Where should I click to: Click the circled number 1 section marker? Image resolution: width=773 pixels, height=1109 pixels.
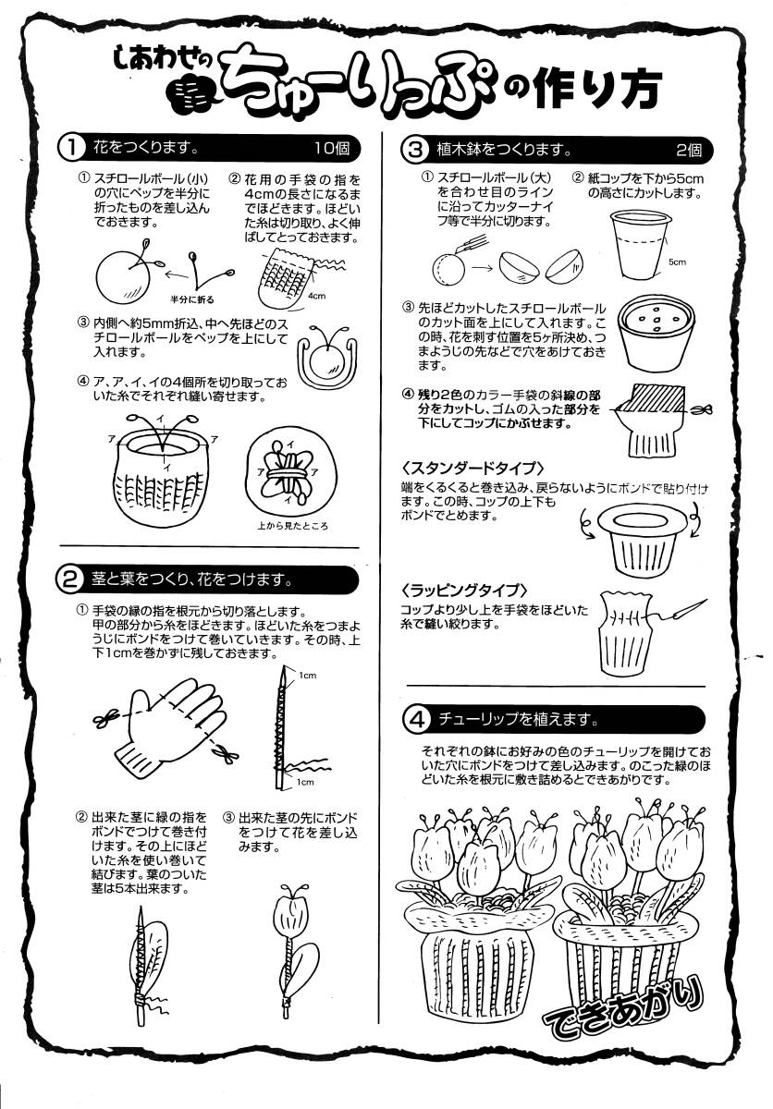[x=72, y=149]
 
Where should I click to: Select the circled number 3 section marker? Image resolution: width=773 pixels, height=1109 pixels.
[x=416, y=150]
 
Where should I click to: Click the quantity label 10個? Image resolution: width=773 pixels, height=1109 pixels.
[x=331, y=148]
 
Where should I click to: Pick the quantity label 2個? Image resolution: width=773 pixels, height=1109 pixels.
[x=689, y=150]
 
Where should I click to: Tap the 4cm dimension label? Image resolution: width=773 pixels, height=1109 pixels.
[x=316, y=296]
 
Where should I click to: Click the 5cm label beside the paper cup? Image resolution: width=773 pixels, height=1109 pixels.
[x=677, y=262]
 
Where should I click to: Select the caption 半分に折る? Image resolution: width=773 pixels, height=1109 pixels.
[x=192, y=299]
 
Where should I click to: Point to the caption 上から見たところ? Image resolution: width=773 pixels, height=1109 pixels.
[x=292, y=526]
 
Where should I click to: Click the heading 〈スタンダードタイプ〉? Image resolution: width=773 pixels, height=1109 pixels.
[x=473, y=468]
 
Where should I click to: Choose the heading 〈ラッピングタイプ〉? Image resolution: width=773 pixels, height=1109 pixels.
[x=464, y=591]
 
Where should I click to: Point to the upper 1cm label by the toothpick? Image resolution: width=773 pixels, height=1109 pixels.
[x=308, y=676]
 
